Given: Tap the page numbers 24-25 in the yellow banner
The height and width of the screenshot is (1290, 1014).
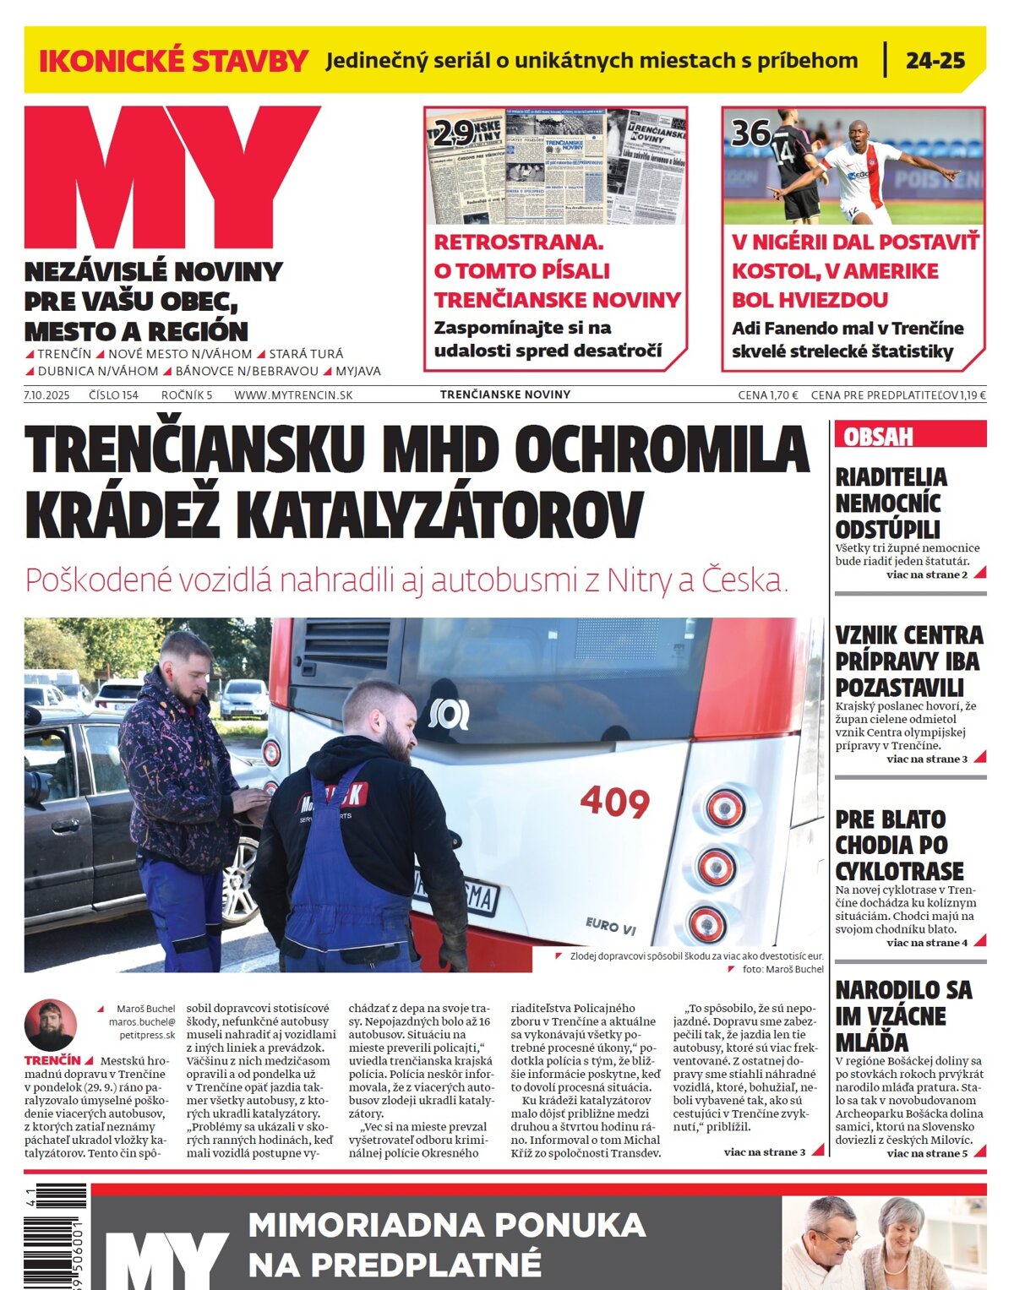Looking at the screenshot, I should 935,61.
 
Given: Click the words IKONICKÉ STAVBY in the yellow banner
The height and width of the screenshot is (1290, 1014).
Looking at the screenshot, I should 173,61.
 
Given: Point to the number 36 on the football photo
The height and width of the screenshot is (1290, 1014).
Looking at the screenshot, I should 750,133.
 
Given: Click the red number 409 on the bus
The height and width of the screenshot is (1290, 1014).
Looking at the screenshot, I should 614,801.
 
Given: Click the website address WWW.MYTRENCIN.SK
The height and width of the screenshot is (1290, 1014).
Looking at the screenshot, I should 293,395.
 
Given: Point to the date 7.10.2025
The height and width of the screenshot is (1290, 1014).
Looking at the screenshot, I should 47,395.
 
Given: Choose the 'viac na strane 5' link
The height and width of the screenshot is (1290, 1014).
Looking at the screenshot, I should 927,1153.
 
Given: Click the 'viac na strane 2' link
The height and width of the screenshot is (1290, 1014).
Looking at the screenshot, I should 927,574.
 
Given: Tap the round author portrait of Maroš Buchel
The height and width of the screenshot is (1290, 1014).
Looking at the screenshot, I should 51,1025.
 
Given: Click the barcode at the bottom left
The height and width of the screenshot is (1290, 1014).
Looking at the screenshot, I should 55,1235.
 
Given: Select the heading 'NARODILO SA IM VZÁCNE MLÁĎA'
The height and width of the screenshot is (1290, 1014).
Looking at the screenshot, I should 903,1015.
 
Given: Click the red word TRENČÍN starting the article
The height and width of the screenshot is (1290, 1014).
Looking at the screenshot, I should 52,1060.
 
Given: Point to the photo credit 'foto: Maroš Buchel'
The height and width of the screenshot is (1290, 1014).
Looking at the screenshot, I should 782,969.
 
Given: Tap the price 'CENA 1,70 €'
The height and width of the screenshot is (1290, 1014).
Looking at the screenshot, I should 767,395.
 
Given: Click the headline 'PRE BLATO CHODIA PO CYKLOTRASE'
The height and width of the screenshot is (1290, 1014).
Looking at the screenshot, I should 899,845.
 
